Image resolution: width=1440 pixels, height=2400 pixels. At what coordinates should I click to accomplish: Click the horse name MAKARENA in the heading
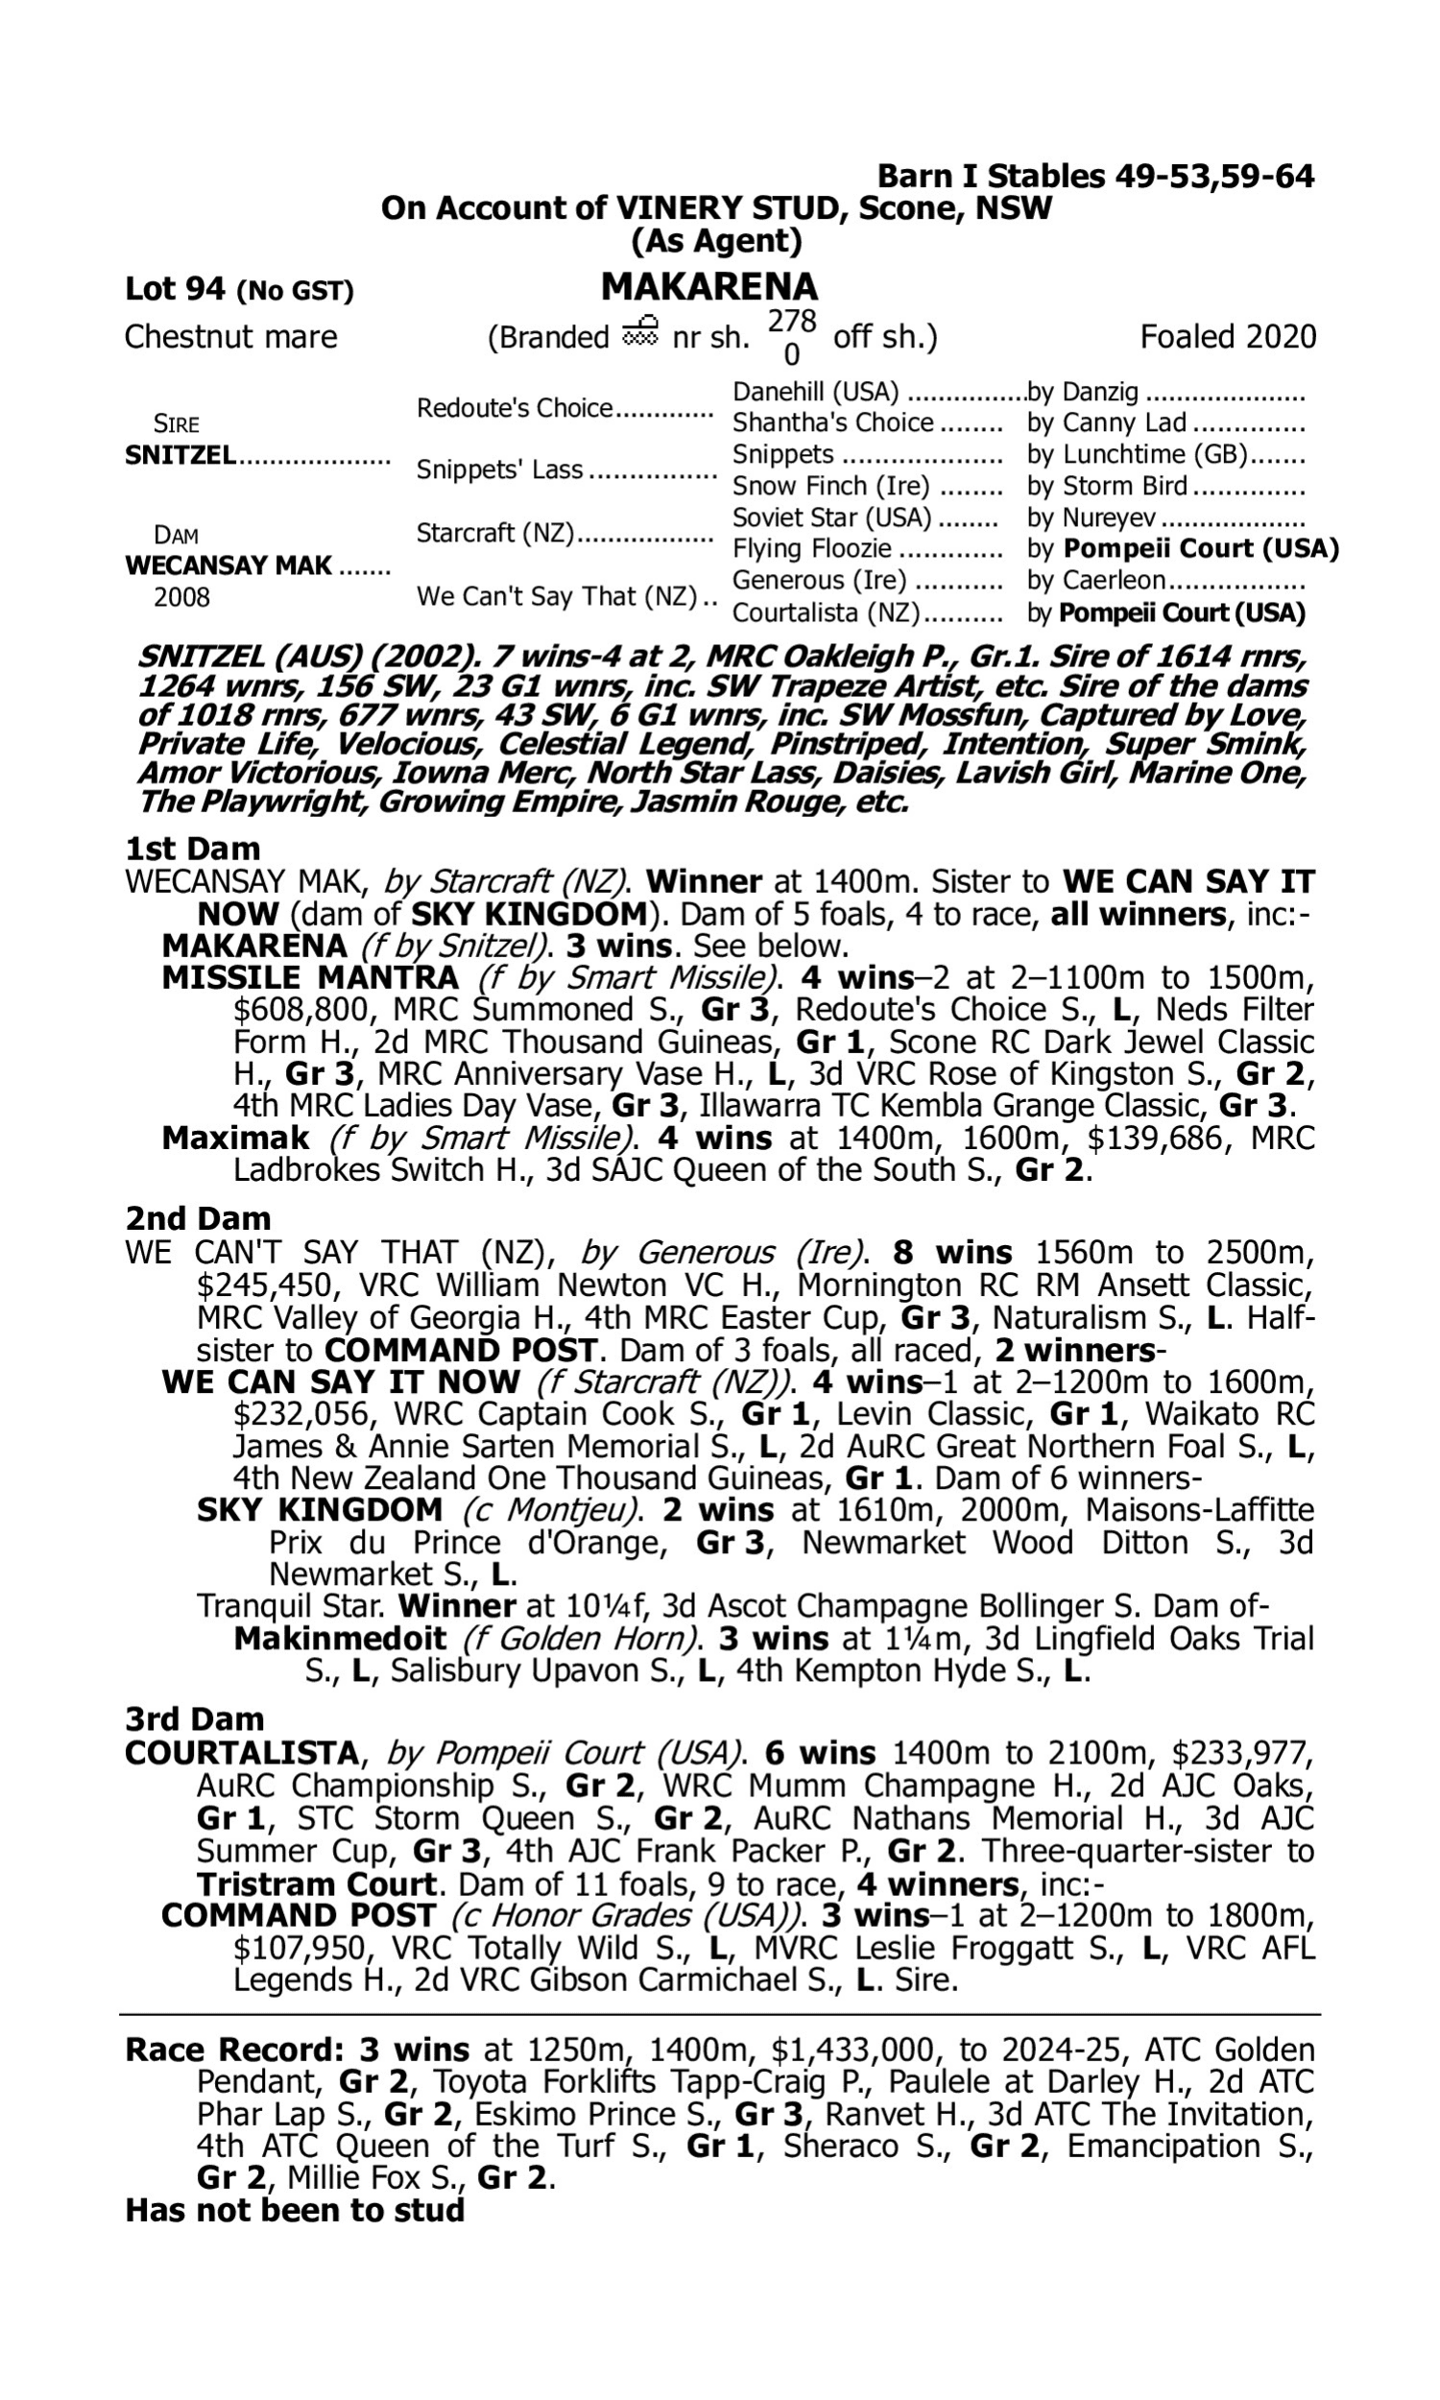tap(709, 287)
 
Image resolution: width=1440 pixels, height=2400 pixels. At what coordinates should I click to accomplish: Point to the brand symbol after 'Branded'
tap(639, 333)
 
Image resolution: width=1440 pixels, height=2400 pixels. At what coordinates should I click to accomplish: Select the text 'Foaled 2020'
tap(1228, 337)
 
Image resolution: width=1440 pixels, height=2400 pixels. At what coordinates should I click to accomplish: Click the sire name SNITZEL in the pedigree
tap(180, 455)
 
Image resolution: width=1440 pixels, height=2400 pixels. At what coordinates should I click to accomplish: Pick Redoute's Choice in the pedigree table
tap(515, 408)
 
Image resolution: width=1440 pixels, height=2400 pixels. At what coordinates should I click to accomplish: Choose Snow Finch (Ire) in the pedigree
tap(830, 486)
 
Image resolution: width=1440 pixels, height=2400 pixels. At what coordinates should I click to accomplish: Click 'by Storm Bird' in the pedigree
tap(1107, 486)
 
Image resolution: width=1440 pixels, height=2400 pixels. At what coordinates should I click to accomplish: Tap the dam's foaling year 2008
tap(181, 597)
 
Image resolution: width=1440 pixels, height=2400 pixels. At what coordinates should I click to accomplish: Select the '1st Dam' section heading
tap(193, 849)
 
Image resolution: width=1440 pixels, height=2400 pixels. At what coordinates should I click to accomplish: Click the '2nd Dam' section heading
tap(198, 1218)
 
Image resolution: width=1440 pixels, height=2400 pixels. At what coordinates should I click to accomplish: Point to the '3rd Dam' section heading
tap(195, 1719)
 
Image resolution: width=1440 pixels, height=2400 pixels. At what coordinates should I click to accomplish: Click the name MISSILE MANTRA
tap(310, 978)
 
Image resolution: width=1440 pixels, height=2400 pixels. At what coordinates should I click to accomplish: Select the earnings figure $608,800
tap(302, 1010)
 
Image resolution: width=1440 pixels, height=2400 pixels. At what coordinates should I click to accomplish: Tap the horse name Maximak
tap(236, 1138)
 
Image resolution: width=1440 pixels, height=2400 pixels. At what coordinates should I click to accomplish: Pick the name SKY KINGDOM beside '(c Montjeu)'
tap(320, 1510)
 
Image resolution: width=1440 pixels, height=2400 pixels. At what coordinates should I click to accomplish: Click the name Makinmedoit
tap(340, 1640)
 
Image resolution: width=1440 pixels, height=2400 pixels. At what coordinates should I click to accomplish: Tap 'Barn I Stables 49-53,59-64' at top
tap(1095, 177)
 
